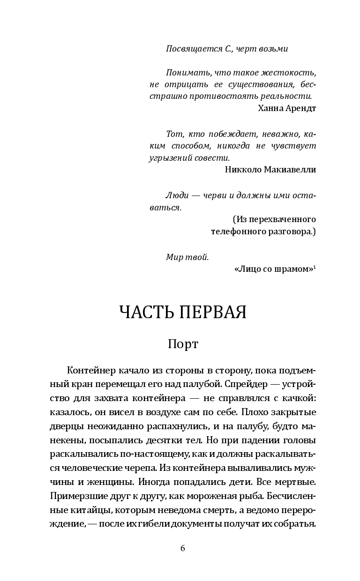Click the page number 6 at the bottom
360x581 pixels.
[x=183, y=549]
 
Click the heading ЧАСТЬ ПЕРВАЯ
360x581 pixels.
[x=183, y=312]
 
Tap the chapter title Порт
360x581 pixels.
[x=183, y=344]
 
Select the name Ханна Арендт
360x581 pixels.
[x=287, y=108]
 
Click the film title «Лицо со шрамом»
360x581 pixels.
[x=273, y=269]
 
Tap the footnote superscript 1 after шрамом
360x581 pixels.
[x=315, y=267]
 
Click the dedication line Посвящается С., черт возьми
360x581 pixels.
[x=227, y=49]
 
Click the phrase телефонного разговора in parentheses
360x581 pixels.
[x=262, y=231]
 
